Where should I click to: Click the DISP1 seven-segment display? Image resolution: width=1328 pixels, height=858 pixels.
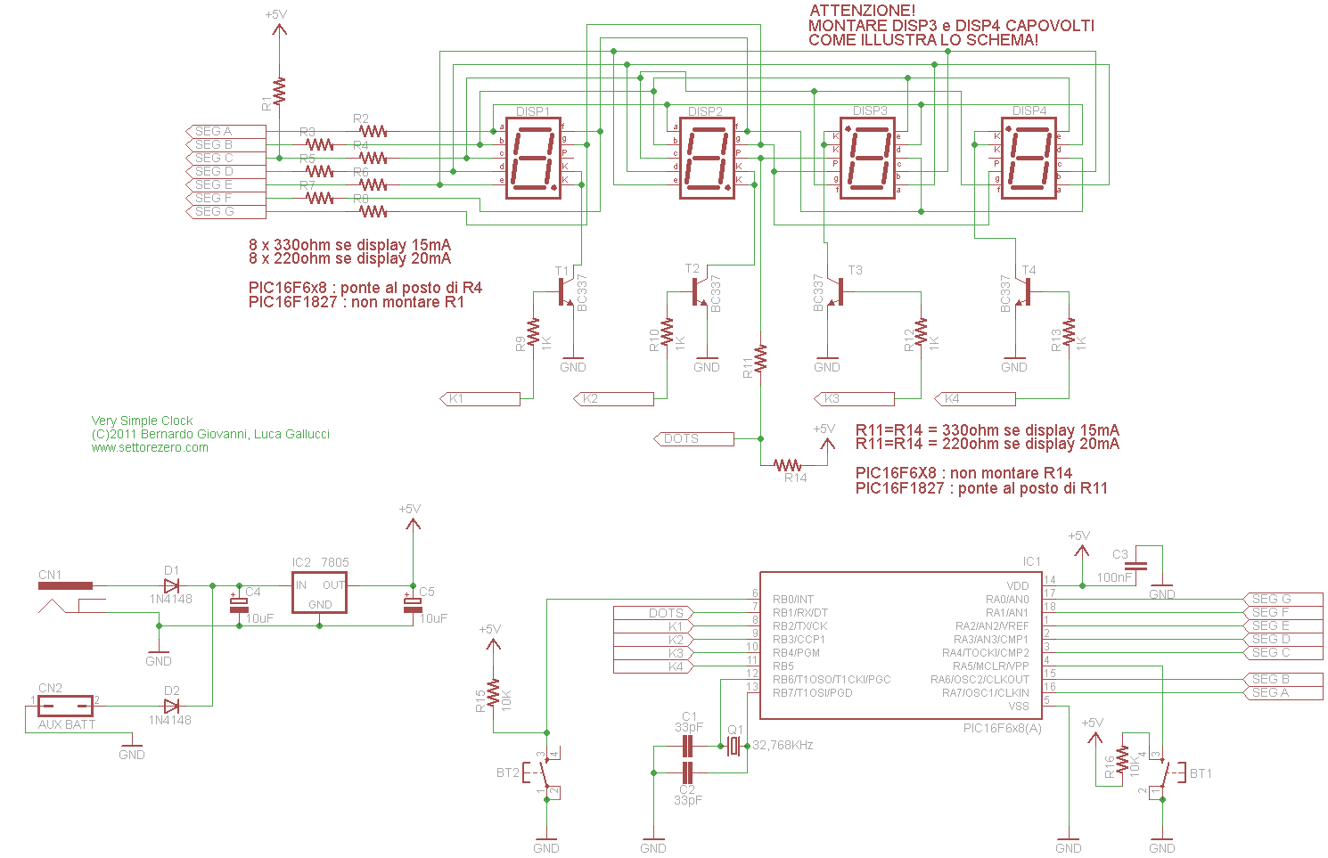tap(533, 159)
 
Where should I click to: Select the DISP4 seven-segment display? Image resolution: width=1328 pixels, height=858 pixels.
tap(1029, 159)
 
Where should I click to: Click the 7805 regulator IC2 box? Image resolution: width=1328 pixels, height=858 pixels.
tap(320, 592)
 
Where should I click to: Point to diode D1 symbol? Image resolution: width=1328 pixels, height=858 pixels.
tap(171, 585)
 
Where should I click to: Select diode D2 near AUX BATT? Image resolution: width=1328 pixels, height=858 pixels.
tap(171, 706)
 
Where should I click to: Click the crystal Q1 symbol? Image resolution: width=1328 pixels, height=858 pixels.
tap(734, 746)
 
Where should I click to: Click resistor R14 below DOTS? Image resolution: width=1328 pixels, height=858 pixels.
tap(788, 465)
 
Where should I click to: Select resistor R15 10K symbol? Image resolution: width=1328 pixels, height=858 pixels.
tap(493, 697)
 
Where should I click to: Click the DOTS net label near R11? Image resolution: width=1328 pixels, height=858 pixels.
tap(693, 438)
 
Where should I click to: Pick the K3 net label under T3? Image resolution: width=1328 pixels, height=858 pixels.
tap(854, 398)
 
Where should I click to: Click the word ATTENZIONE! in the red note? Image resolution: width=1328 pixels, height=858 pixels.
tap(849, 11)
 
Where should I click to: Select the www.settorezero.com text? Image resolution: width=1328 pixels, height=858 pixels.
tap(150, 447)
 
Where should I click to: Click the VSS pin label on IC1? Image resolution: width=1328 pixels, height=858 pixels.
tap(1018, 706)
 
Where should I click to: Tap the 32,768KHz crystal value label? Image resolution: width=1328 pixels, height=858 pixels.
tap(782, 745)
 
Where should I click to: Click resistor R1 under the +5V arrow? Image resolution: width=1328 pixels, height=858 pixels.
tap(279, 91)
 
